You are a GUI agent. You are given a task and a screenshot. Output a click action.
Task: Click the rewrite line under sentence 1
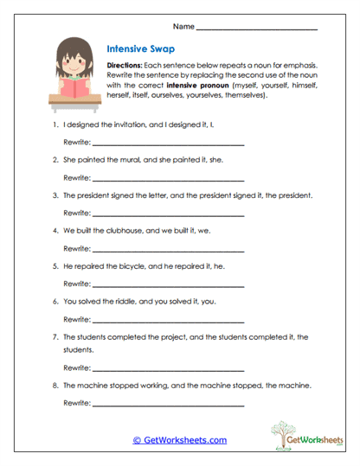coord(168,143)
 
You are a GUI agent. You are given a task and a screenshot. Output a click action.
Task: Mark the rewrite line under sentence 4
coord(168,248)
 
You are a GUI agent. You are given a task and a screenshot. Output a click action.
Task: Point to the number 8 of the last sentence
coord(55,385)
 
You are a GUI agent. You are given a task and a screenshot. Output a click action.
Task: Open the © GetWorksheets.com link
coord(179,440)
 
